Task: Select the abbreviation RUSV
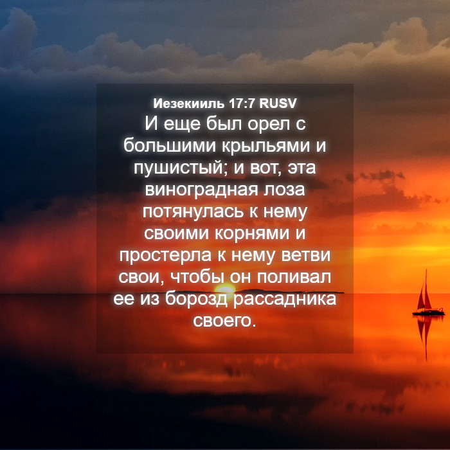click(x=278, y=104)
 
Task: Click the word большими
click(x=169, y=145)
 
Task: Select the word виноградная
click(x=201, y=190)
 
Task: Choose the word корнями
click(x=252, y=233)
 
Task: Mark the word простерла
click(x=165, y=256)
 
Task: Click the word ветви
click(x=305, y=255)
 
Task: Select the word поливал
click(x=294, y=277)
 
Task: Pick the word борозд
click(x=196, y=299)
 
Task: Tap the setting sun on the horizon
click(x=225, y=289)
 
